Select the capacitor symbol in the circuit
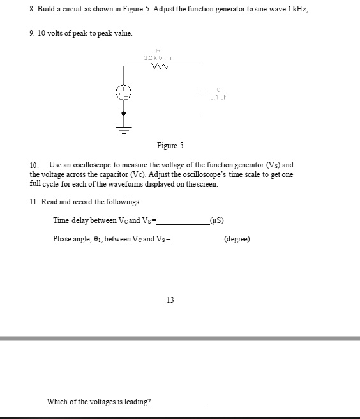pyautogui.click(x=203, y=93)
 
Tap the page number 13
pyautogui.click(x=170, y=300)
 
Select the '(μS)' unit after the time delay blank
pyautogui.click(x=217, y=221)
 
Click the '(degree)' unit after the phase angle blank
pyautogui.click(x=237, y=240)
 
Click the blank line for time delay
pyautogui.click(x=184, y=223)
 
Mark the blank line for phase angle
pyautogui.click(x=197, y=241)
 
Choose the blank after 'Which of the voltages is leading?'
pyautogui.click(x=181, y=404)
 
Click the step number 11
pyautogui.click(x=34, y=202)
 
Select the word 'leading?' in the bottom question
pyautogui.click(x=138, y=402)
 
